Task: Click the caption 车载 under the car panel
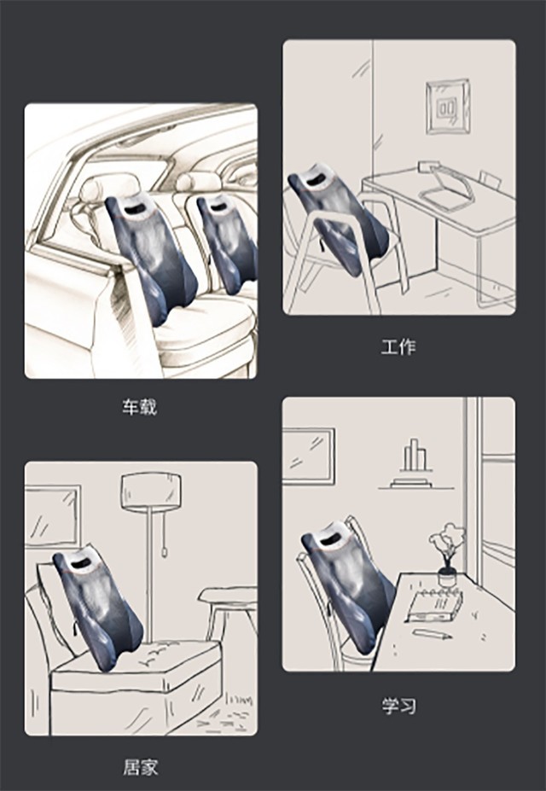click(x=140, y=407)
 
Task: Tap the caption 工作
click(x=398, y=347)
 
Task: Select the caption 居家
click(x=140, y=767)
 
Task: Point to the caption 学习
click(x=398, y=705)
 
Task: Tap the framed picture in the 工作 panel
click(x=448, y=107)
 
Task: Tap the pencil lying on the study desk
click(x=432, y=634)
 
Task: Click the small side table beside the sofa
click(x=228, y=612)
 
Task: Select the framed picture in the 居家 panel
click(x=53, y=516)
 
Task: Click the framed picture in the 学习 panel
click(x=308, y=456)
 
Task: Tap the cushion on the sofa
click(x=98, y=608)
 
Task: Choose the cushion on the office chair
click(x=338, y=218)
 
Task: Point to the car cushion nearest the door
click(x=151, y=259)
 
